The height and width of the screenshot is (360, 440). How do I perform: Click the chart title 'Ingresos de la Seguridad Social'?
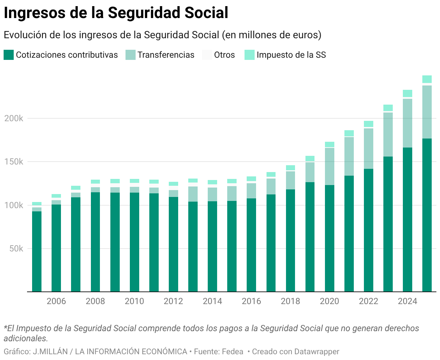[x=116, y=13]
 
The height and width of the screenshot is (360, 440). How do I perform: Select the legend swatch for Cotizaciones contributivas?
[x=9, y=55]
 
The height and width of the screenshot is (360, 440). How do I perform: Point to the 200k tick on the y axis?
[x=14, y=118]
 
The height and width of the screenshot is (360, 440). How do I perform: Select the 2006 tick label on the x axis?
[x=56, y=301]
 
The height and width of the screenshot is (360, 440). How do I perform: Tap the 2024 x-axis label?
[x=408, y=301]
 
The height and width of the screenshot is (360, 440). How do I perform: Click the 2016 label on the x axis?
[x=251, y=301]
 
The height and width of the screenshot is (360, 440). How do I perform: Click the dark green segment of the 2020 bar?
[x=330, y=238]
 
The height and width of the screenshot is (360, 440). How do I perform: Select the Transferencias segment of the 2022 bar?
[x=369, y=148]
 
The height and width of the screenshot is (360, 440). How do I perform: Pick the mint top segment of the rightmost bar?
[x=427, y=79]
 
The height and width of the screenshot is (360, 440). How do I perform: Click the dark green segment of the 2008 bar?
[x=96, y=242]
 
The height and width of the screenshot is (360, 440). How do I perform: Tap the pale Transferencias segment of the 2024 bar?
[x=408, y=123]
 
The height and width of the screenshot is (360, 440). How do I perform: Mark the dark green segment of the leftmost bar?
[x=37, y=251]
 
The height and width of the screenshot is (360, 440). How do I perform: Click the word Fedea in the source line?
[x=232, y=351]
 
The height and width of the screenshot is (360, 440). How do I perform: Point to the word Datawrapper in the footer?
[x=317, y=351]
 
